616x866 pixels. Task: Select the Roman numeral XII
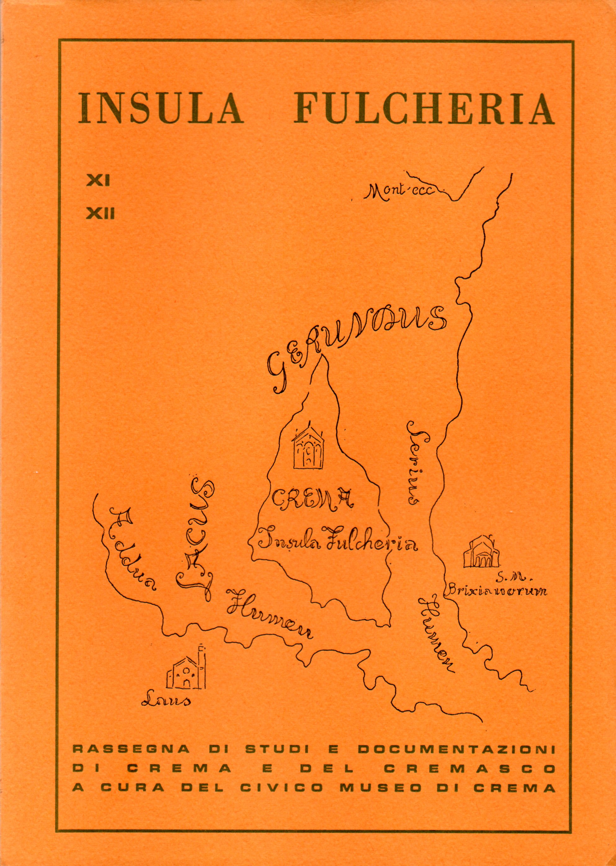pos(100,215)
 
